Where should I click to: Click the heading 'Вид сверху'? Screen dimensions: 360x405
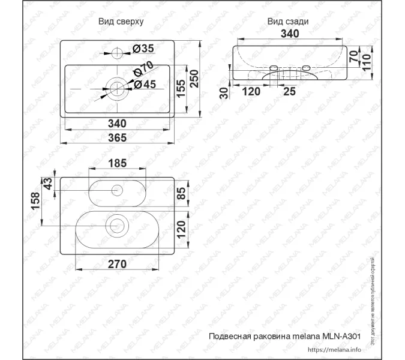coord(121,21)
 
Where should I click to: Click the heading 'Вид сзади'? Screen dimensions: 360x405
coord(288,21)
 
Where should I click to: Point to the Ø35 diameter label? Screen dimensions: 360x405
coord(143,48)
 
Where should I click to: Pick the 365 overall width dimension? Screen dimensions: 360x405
coord(117,138)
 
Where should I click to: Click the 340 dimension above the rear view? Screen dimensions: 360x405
coord(290,34)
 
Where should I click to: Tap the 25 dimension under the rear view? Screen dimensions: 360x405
coord(289,92)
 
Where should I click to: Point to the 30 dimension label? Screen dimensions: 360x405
coord(224,93)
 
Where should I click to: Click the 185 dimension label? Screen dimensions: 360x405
coord(118,163)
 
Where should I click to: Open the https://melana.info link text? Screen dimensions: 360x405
coord(334,349)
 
